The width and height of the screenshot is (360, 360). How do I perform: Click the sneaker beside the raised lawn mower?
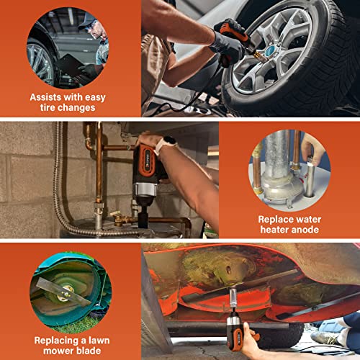pyautogui.click(x=328, y=337)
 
